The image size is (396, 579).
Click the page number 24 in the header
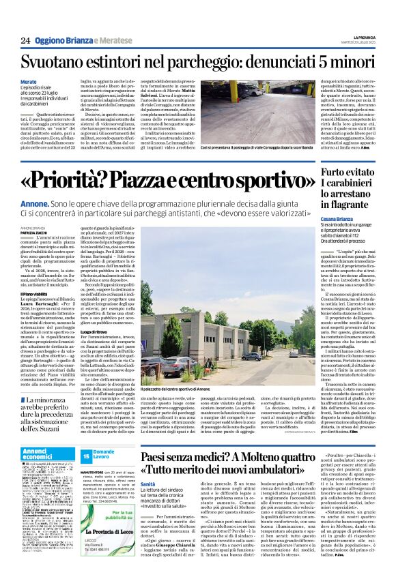tap(25, 41)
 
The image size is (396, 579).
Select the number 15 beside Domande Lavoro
tap(87, 455)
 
